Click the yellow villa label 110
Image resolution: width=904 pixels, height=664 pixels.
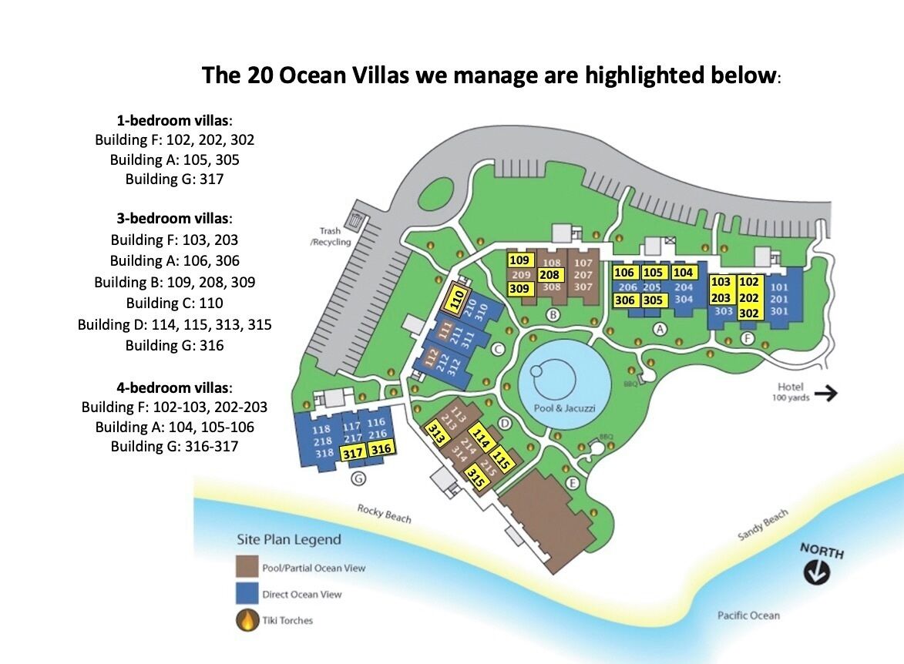tap(459, 299)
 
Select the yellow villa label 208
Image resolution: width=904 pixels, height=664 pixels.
tap(549, 275)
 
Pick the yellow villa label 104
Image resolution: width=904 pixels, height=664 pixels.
tap(683, 272)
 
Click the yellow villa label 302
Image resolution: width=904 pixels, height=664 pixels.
tap(748, 313)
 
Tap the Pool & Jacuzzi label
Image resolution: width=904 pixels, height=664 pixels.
tap(564, 408)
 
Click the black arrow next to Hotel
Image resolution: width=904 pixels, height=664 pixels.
tap(825, 394)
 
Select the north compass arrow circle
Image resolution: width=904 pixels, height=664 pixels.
tap(816, 573)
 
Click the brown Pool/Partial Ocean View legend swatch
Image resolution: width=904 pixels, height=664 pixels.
tap(247, 567)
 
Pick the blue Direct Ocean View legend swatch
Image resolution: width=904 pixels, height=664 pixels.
tap(247, 593)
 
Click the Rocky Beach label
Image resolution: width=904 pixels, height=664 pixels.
tap(384, 514)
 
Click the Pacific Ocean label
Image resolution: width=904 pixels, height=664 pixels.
tap(748, 615)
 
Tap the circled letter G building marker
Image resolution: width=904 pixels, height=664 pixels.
tap(357, 478)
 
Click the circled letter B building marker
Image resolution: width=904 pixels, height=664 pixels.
tap(553, 314)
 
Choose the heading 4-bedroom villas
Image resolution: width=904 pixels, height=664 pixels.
tap(174, 387)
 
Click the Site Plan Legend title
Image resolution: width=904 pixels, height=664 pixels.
tap(289, 539)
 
